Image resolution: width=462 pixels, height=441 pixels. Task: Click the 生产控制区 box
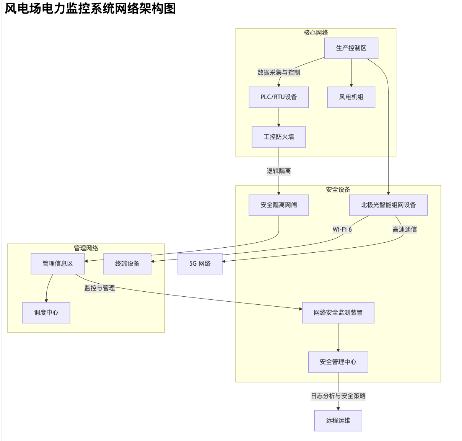pos(351,48)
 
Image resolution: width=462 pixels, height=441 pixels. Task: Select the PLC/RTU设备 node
pos(278,97)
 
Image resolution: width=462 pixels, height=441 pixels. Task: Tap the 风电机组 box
pos(351,97)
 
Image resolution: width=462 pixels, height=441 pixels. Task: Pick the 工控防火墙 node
pos(278,137)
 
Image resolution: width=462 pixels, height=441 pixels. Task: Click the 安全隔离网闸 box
pos(278,205)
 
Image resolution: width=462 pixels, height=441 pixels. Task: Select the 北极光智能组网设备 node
pos(388,205)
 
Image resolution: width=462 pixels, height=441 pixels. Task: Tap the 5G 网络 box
pos(200,264)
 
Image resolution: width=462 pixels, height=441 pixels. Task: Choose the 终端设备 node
pos(127,264)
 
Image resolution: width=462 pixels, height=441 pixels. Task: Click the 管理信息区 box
pos(57,264)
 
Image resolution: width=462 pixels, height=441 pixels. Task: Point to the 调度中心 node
pos(46,313)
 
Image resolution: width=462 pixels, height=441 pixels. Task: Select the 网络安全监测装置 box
pos(338,313)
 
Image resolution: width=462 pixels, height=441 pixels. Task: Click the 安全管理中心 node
pos(338,362)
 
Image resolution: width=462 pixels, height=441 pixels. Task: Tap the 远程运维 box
pos(338,421)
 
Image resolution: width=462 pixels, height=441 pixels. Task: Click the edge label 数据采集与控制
pos(278,73)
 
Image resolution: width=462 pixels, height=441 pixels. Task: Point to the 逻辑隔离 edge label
pos(278,171)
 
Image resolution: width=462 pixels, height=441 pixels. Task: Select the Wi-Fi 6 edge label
pos(342,230)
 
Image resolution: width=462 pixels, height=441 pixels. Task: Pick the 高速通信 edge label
pos(405,230)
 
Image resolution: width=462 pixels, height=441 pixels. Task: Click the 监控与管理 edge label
pos(99,288)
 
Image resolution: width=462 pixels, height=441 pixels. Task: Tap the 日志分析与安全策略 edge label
pos(338,396)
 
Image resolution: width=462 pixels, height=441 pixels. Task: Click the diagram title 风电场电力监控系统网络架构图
pos(90,8)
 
